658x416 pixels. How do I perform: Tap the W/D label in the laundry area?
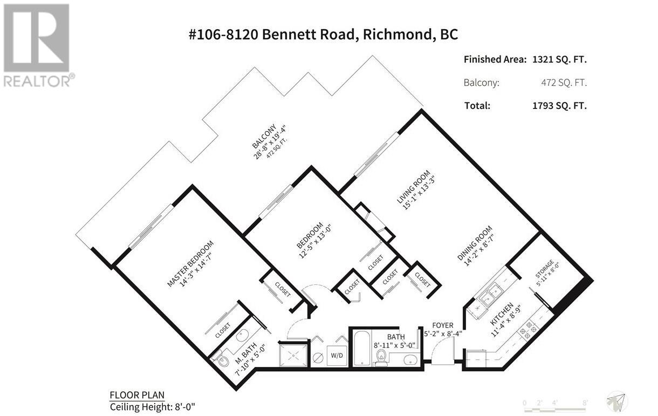pos(337,356)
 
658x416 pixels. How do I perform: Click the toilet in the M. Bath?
pos(222,360)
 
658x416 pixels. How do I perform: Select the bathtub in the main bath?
pos(361,348)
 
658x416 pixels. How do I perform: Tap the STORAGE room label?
pos(544,269)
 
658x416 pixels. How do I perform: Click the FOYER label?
pos(443,325)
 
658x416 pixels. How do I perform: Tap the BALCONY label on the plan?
pos(264,136)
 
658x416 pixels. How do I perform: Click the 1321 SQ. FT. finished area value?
pos(559,60)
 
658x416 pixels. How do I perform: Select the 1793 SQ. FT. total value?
pos(559,106)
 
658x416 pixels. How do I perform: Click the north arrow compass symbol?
pos(617,401)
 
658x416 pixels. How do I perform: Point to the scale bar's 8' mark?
pos(585,403)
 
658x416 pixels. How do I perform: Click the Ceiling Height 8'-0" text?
pos(152,407)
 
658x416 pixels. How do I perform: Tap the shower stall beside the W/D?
pos(294,355)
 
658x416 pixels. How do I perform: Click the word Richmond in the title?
pos(397,35)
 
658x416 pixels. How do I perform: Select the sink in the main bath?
pos(410,359)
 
